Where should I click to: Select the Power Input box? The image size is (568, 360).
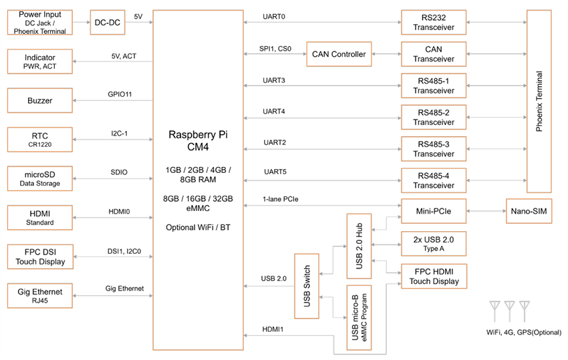[x=39, y=22]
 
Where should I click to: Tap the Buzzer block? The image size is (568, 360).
[x=39, y=101]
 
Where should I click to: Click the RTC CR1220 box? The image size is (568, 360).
[x=39, y=140]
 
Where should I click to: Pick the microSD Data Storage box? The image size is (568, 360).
[x=39, y=179]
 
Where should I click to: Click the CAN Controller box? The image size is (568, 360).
[x=339, y=54]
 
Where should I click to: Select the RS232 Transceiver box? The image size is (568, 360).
[x=433, y=23]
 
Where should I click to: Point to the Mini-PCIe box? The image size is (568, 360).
[x=433, y=212]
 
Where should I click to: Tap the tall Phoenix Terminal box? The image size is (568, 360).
[x=540, y=102]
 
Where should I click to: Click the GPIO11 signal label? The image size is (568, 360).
[x=120, y=94]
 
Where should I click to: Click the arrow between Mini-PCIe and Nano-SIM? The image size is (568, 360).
[x=486, y=212]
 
